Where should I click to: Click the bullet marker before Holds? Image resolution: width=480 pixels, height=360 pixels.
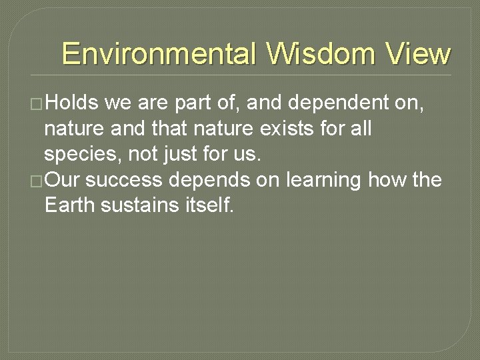[37, 103]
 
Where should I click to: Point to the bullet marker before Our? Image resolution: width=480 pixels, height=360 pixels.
[37, 181]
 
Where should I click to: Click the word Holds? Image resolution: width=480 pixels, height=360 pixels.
[72, 103]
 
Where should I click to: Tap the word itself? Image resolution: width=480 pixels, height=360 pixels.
[209, 206]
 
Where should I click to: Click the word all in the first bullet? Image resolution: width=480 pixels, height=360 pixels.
[360, 129]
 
